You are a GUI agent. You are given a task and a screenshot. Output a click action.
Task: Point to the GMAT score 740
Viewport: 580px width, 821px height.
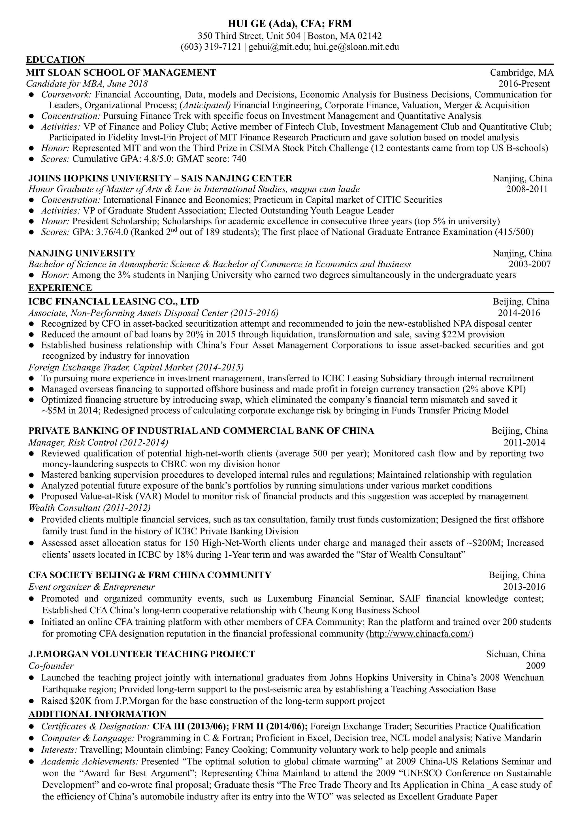(x=239, y=159)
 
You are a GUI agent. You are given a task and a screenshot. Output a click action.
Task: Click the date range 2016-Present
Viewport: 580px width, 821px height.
(x=524, y=84)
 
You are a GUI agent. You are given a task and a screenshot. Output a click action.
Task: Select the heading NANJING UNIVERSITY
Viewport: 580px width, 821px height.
(x=82, y=253)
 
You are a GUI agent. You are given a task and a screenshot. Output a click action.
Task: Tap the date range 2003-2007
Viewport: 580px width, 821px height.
(x=530, y=264)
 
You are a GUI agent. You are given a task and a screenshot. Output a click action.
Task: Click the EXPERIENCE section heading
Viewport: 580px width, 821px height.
(x=60, y=287)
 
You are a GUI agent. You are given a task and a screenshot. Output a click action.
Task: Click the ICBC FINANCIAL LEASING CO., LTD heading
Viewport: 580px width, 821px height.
(x=114, y=301)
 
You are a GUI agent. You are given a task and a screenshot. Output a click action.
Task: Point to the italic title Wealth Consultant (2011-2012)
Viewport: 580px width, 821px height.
(x=89, y=507)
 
